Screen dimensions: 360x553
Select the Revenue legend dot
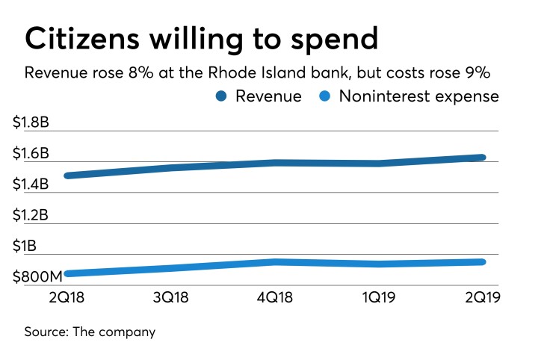222,96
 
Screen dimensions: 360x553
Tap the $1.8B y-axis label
31,124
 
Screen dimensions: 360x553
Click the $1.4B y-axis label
31,184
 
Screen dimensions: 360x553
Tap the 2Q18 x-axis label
65,296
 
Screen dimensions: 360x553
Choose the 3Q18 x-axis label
171,296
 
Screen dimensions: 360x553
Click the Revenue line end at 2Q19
483,158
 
